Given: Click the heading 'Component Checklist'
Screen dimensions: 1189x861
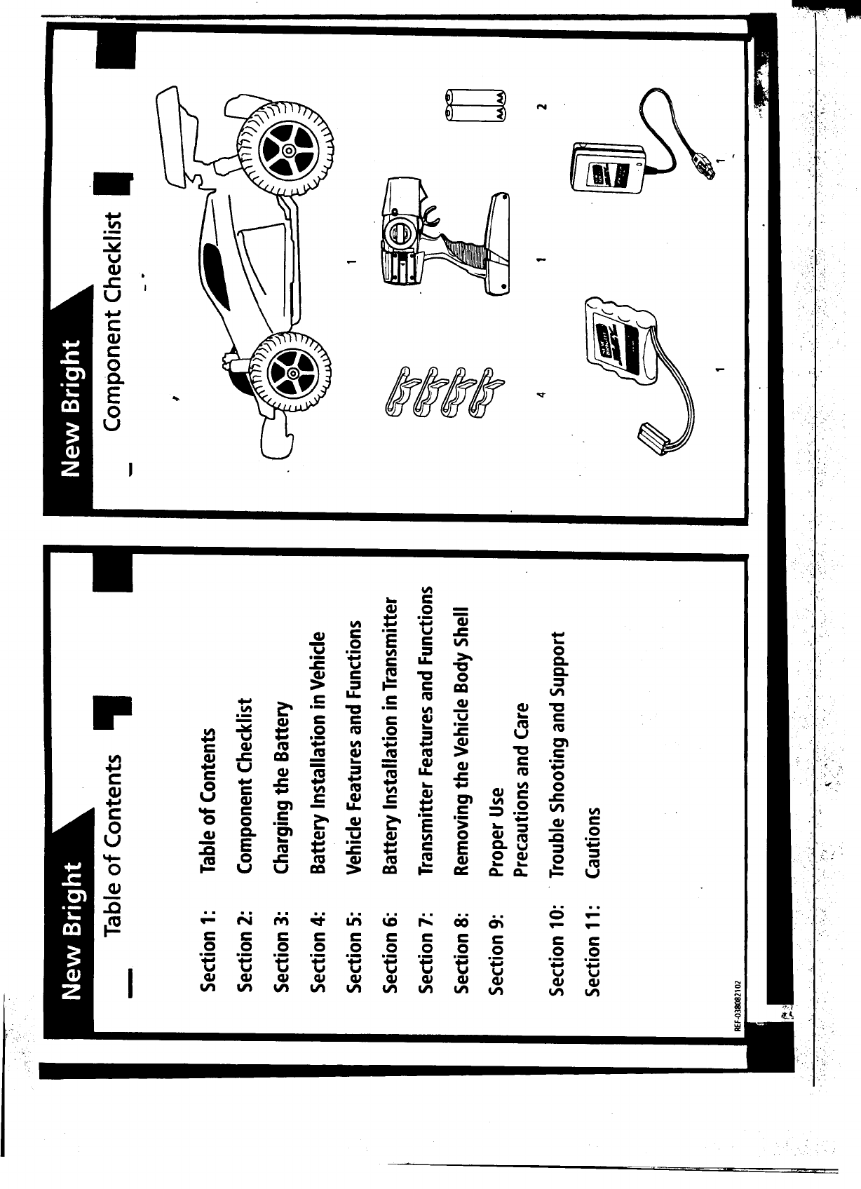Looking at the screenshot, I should [x=114, y=316].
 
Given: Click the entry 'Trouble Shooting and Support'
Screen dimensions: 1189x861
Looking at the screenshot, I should [x=559, y=753].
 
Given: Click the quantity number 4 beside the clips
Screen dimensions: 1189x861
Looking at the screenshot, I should [x=541, y=395].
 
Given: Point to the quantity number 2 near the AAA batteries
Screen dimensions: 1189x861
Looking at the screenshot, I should [x=541, y=107].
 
